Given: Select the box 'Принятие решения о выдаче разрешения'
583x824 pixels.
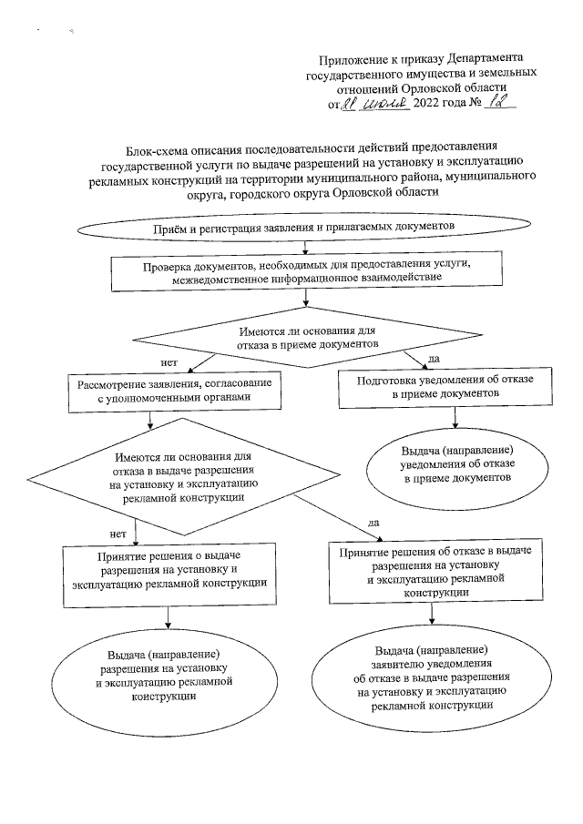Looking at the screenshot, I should tap(170, 568).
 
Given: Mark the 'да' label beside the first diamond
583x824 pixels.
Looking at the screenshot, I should tap(434, 357).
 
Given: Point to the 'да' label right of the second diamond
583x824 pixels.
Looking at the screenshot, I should tap(372, 524).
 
